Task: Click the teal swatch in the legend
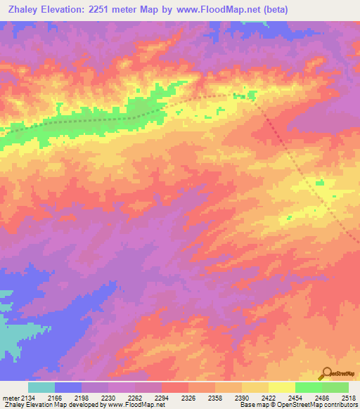coord(41,387)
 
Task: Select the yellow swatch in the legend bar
coord(281,387)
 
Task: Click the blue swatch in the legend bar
coord(68,387)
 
